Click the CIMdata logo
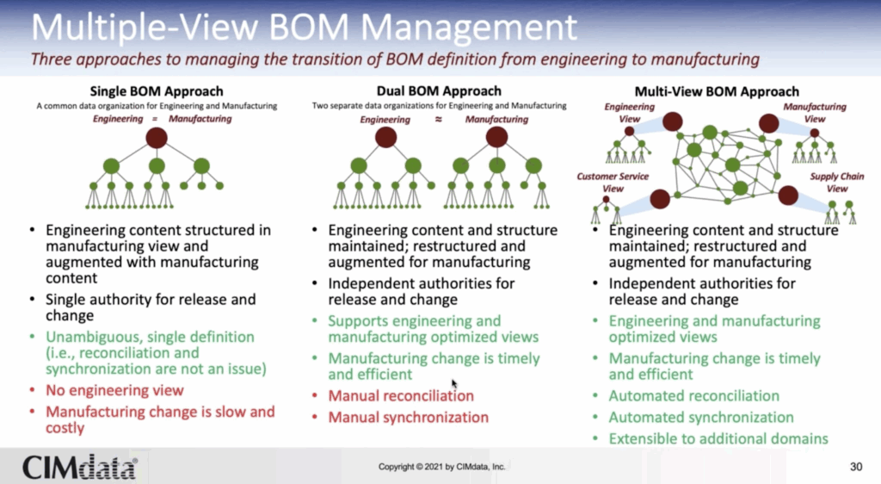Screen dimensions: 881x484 click(x=79, y=467)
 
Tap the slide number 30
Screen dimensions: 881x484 click(x=856, y=467)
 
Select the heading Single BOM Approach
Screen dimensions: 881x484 click(x=157, y=91)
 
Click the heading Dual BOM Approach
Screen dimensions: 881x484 click(x=439, y=91)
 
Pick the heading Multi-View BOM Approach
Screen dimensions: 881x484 click(x=717, y=91)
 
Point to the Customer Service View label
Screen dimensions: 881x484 click(x=613, y=183)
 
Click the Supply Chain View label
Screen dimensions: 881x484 click(x=836, y=183)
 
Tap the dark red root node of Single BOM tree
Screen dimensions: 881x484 click(x=157, y=138)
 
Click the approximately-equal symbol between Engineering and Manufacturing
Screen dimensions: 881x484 click(x=438, y=119)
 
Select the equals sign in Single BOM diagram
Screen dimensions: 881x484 click(x=155, y=119)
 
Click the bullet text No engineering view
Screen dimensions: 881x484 click(x=114, y=390)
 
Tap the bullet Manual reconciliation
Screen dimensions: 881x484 click(x=401, y=396)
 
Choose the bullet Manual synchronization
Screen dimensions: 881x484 click(x=408, y=417)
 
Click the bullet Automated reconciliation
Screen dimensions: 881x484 click(x=694, y=396)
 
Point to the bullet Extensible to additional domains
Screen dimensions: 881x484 click(x=718, y=438)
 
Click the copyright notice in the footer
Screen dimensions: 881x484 click(x=441, y=467)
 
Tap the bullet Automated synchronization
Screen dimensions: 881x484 click(x=701, y=417)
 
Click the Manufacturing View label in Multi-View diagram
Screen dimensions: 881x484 click(x=815, y=113)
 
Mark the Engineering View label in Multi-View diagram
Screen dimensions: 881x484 click(x=629, y=113)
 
